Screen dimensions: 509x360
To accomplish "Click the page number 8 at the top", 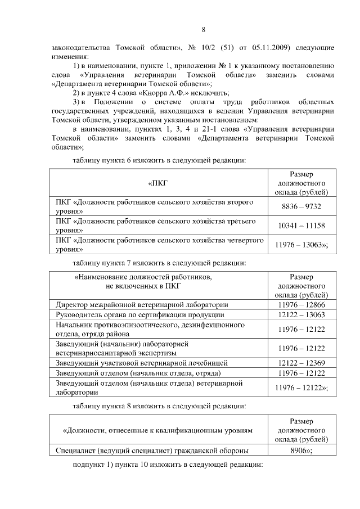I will click(x=204, y=29).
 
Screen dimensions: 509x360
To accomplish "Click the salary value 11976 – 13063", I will click(x=300, y=244).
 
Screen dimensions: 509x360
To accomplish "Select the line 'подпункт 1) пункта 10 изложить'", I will click(x=168, y=466).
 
